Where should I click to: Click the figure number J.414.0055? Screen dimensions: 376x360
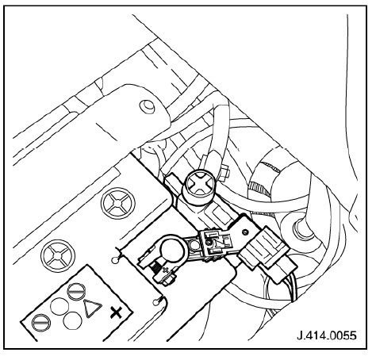point(327,335)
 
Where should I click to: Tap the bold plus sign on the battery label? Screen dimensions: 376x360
point(116,313)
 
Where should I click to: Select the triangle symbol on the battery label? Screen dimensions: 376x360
point(93,308)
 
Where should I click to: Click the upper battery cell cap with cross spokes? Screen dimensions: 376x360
point(118,204)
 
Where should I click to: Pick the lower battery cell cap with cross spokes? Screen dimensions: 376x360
point(58,255)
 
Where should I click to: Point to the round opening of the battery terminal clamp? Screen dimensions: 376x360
point(172,251)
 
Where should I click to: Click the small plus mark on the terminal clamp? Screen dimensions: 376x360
point(166,270)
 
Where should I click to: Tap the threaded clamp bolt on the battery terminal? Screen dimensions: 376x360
point(155,270)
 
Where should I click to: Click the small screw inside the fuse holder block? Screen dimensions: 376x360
point(209,242)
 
